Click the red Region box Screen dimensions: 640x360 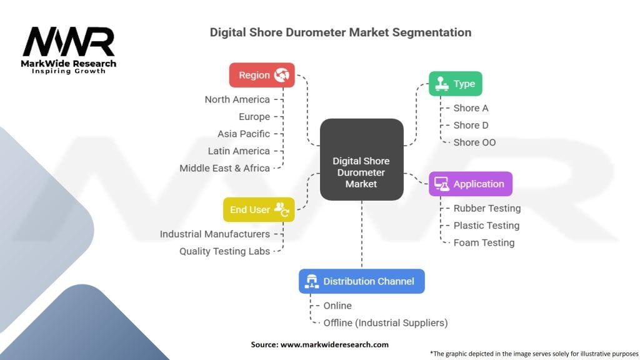(262, 75)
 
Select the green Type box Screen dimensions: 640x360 (455, 84)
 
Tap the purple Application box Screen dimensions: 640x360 (470, 184)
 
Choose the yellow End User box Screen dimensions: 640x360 (259, 209)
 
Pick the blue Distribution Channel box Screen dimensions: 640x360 (362, 281)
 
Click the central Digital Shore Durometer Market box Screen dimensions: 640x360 (362, 159)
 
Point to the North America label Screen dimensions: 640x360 (237, 99)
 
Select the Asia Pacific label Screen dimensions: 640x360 (244, 134)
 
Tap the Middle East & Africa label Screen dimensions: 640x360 (224, 168)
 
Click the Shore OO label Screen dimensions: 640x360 (475, 142)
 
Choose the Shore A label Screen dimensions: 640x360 (471, 108)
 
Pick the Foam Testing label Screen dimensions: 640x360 (484, 243)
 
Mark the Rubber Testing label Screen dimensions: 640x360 (487, 209)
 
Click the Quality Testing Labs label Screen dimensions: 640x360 (224, 251)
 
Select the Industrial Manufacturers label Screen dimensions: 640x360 (215, 234)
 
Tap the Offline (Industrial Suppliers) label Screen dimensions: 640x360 (385, 323)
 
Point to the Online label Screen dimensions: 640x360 (337, 306)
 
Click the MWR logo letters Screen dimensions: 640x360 (69, 42)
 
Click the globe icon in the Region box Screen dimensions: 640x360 (282, 75)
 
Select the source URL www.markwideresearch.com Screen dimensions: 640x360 (334, 344)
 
